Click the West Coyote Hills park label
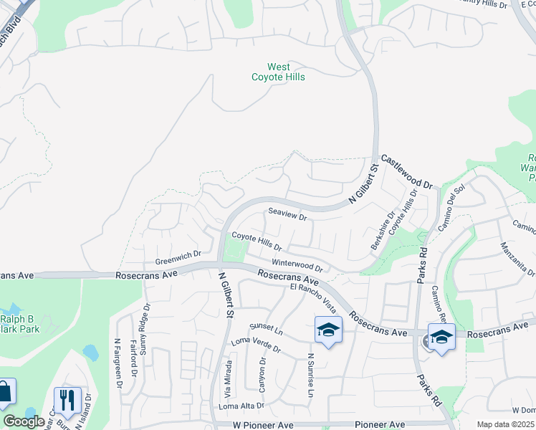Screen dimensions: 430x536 point(278,72)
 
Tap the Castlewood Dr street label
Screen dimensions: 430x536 point(407,171)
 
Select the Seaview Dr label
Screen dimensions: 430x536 point(287,213)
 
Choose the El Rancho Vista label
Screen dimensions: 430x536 point(313,297)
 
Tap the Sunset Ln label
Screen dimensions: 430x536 point(267,329)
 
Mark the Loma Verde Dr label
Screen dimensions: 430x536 point(256,345)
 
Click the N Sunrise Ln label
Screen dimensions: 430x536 point(311,375)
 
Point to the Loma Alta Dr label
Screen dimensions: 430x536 point(241,406)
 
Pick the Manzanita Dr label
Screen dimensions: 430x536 point(518,259)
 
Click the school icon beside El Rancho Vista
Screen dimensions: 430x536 point(327,330)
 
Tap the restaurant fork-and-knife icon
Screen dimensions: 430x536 point(67,400)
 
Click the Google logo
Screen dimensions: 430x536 point(24,421)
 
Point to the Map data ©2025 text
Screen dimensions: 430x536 point(505,424)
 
